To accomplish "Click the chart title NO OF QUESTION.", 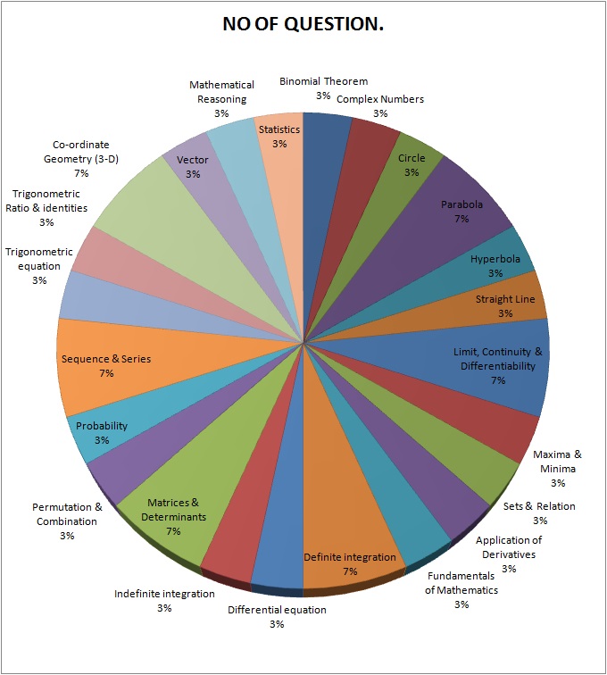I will tap(303, 25).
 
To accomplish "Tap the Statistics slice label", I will tap(279, 137).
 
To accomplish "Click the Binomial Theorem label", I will tap(323, 87).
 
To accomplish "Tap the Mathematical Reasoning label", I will tap(221, 99).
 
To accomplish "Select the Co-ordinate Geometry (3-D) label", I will tap(81, 158).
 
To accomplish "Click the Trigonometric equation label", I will tap(39, 266).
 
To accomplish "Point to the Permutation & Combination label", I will tap(67, 521).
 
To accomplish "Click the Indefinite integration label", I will tap(164, 600).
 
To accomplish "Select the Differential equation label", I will tap(277, 616).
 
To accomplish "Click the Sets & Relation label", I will tap(539, 512).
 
